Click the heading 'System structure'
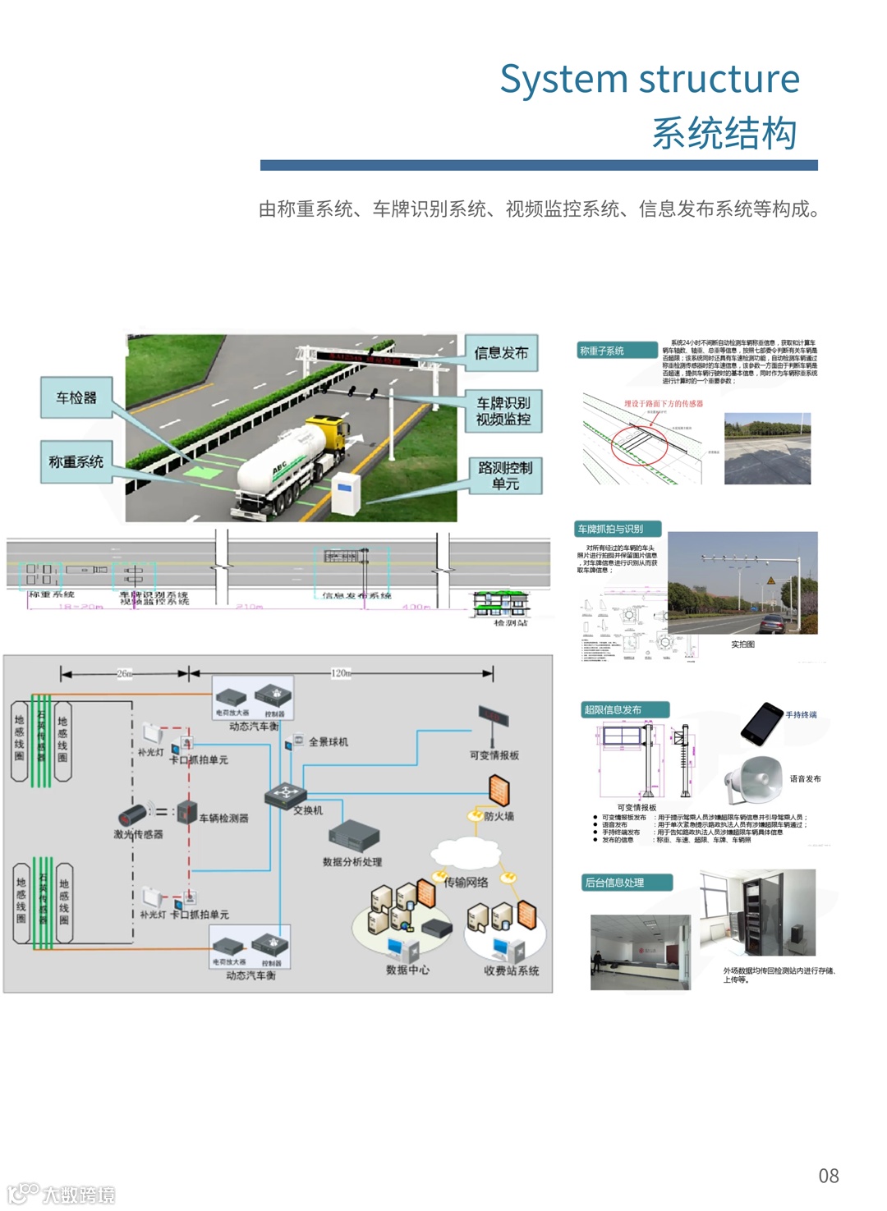pyautogui.click(x=650, y=80)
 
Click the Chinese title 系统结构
pyautogui.click(x=724, y=133)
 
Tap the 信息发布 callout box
pyautogui.click(x=501, y=353)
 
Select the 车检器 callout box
pyautogui.click(x=76, y=398)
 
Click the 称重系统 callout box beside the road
pyautogui.click(x=76, y=462)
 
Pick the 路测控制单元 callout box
pyautogui.click(x=505, y=475)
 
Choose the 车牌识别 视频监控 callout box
pyautogui.click(x=503, y=411)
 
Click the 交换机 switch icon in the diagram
pyautogui.click(x=285, y=794)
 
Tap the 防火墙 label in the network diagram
pyautogui.click(x=499, y=816)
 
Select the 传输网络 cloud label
pyautogui.click(x=466, y=882)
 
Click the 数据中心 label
pyautogui.click(x=407, y=970)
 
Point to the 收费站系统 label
pyautogui.click(x=511, y=970)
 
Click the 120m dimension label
pyautogui.click(x=341, y=673)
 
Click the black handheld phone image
pyautogui.click(x=761, y=723)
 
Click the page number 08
pyautogui.click(x=828, y=1176)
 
